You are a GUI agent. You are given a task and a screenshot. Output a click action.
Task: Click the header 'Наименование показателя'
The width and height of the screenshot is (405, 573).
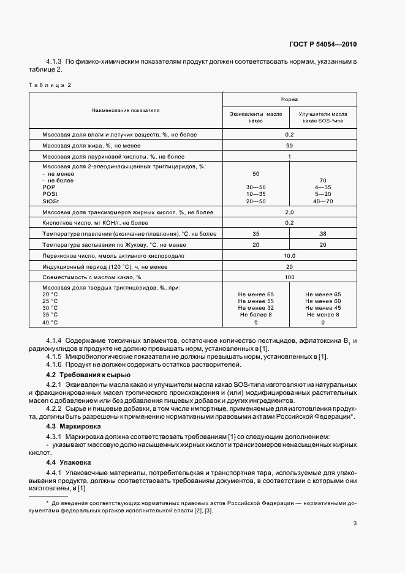pos(126,111)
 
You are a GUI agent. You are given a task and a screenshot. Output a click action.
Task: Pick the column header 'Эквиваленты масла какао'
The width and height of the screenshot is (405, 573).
pos(255,118)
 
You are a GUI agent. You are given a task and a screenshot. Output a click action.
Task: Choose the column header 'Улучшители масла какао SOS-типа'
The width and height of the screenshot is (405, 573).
pos(323,118)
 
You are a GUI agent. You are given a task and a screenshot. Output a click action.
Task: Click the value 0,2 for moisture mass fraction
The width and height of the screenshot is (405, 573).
pos(289,134)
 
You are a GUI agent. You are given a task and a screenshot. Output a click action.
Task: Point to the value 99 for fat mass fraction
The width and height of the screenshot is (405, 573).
pos(289,146)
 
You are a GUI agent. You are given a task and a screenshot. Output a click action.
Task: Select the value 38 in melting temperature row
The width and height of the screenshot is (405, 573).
pos(323,234)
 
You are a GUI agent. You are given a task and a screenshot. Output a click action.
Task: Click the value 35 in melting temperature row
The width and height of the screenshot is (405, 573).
pos(255,234)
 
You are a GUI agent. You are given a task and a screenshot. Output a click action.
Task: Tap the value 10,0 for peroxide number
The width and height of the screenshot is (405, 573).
pos(289,255)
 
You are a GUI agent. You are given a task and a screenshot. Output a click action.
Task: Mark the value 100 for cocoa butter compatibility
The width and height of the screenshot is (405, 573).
pos(289,277)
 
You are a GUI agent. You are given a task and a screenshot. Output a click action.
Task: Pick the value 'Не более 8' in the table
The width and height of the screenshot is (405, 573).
pos(255,315)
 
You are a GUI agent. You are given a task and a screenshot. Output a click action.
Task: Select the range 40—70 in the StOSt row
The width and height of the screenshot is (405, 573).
pos(323,201)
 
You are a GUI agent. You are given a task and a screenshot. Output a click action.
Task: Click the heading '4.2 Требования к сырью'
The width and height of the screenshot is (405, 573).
pos(88,374)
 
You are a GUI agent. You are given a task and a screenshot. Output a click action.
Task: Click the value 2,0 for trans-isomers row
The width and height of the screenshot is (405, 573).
pos(289,212)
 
